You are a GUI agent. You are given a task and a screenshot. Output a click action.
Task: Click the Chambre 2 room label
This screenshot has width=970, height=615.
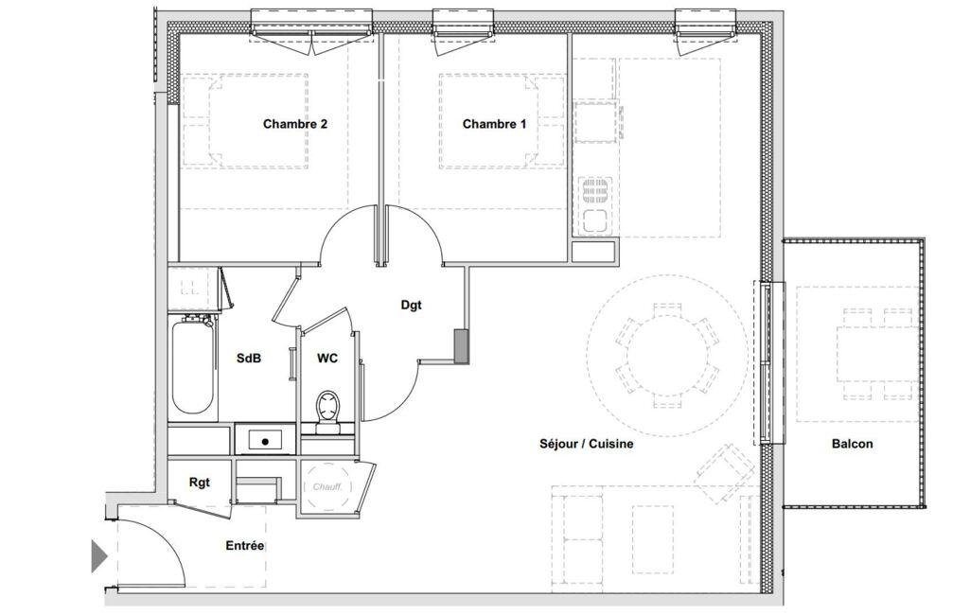[295, 124]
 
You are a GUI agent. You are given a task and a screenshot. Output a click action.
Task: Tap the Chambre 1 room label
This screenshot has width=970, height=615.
[494, 124]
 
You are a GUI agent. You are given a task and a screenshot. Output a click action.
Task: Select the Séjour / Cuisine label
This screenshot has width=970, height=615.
[587, 444]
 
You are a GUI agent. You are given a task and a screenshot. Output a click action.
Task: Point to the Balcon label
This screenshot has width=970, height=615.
[853, 444]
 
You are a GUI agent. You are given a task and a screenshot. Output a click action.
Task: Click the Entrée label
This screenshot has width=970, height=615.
[245, 546]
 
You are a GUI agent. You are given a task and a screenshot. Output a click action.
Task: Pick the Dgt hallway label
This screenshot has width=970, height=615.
[412, 305]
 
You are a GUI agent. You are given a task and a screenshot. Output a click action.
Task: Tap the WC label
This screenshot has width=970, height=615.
[327, 359]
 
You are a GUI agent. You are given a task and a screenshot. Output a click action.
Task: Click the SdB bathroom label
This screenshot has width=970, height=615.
[249, 359]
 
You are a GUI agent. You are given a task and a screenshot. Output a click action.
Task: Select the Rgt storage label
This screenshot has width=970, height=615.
[199, 483]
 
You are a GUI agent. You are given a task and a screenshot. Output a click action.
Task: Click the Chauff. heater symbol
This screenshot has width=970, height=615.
[327, 487]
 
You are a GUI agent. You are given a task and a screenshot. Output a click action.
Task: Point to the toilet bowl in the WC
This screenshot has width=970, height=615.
[328, 412]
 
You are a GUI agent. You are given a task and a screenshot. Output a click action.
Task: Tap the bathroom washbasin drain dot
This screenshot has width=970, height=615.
[265, 441]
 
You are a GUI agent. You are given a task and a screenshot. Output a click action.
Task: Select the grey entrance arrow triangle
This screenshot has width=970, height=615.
[99, 556]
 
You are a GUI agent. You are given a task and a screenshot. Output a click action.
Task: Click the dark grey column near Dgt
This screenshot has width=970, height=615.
[461, 345]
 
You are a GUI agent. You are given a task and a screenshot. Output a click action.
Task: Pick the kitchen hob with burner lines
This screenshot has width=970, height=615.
[594, 192]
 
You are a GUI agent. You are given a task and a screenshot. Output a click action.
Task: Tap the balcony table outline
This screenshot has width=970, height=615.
[876, 354]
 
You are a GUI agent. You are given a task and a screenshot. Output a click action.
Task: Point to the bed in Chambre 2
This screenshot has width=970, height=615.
[246, 121]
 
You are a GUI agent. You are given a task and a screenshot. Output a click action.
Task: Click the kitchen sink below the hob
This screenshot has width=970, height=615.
[594, 220]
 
